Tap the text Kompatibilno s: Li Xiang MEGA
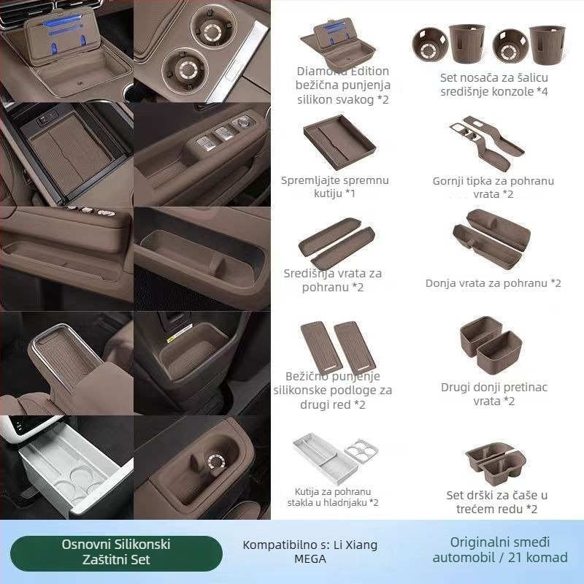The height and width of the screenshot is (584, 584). pyautogui.click(x=310, y=552)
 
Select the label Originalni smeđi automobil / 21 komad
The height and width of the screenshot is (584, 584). pyautogui.click(x=500, y=550)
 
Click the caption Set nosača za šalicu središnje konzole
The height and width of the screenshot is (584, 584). pyautogui.click(x=494, y=85)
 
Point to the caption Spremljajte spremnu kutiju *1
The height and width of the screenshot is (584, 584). pyautogui.click(x=334, y=187)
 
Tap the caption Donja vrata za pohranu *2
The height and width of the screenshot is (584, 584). pyautogui.click(x=493, y=283)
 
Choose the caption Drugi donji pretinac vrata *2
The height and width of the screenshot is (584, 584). pyautogui.click(x=494, y=394)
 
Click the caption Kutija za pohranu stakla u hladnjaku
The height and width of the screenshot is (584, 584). pyautogui.click(x=333, y=497)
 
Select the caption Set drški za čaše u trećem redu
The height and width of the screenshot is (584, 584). pyautogui.click(x=497, y=502)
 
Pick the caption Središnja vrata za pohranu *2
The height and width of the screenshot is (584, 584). pyautogui.click(x=333, y=280)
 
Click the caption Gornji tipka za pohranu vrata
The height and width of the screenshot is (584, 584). pyautogui.click(x=493, y=188)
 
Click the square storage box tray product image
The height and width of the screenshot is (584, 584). pyautogui.click(x=339, y=142)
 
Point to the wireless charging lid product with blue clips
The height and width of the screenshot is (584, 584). pyautogui.click(x=338, y=44)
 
